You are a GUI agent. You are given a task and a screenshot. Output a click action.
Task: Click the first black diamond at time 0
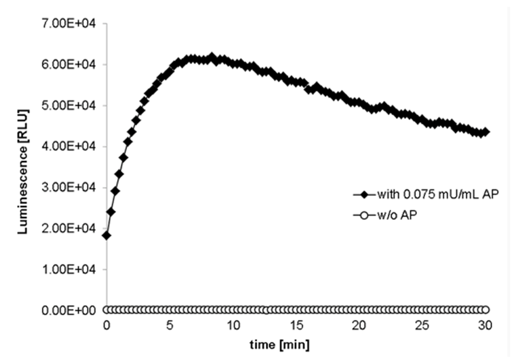tap(107, 235)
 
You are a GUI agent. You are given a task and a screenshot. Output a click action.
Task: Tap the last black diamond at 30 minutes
tap(485, 132)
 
